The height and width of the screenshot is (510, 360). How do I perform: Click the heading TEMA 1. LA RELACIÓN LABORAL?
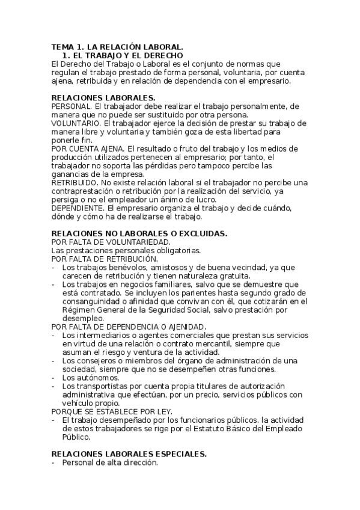(117, 46)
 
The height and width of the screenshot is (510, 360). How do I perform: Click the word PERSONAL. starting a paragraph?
(71, 106)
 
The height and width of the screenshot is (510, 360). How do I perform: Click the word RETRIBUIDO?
(74, 182)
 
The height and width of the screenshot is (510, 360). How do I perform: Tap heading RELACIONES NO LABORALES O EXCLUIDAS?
(139, 233)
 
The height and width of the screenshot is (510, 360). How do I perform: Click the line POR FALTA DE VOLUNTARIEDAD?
(106, 242)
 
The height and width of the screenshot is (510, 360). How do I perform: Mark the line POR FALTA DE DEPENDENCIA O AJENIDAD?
(129, 327)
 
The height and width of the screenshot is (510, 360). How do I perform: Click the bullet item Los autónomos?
(84, 377)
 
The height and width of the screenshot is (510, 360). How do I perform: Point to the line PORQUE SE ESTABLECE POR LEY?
(112, 411)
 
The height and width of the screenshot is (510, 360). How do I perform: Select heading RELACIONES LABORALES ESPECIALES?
(129, 453)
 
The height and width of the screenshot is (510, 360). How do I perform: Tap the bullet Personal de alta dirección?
(110, 462)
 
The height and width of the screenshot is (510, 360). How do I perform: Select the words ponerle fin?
(72, 140)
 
